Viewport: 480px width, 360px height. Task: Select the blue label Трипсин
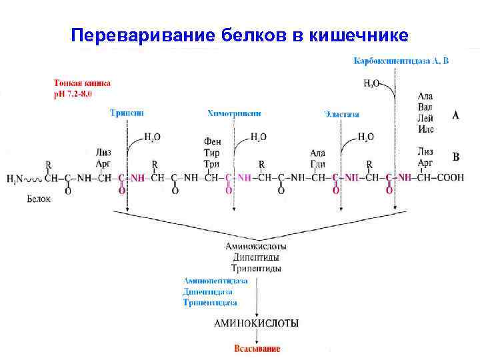(x=127, y=113)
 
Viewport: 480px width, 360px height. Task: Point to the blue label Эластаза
(x=341, y=114)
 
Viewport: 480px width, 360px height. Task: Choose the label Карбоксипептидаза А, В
(x=401, y=61)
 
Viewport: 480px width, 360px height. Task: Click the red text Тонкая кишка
(x=82, y=83)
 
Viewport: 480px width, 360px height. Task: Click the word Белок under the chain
(x=39, y=198)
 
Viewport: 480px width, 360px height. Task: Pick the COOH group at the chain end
(x=451, y=178)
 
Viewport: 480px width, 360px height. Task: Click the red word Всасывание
(x=257, y=349)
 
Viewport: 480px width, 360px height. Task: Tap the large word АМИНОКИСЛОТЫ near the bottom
(x=256, y=323)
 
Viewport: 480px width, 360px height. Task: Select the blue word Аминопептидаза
(x=215, y=281)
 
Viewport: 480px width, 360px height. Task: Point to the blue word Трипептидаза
(x=210, y=302)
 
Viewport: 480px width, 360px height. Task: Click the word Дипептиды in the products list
(x=257, y=257)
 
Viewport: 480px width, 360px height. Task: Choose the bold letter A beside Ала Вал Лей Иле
(x=456, y=115)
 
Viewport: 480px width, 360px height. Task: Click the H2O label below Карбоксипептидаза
(x=371, y=83)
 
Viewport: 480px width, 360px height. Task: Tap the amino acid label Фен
(x=212, y=142)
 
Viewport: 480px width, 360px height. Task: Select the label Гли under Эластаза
(x=317, y=164)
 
